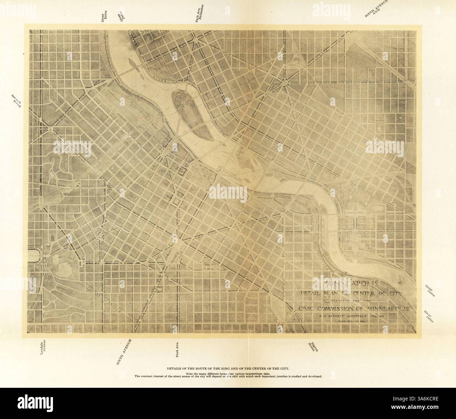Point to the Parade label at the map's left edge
[35, 256]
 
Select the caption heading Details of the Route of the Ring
[228, 369]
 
